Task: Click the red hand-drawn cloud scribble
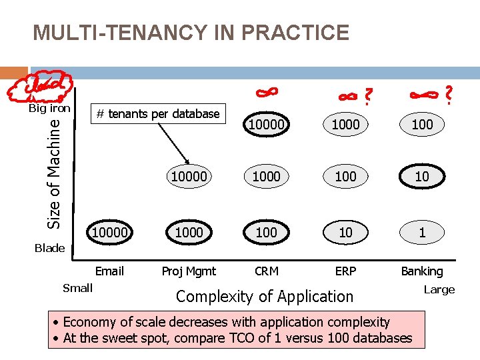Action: click(37, 85)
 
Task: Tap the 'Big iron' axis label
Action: click(49, 108)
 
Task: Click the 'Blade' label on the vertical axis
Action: click(49, 248)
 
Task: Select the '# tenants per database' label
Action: click(157, 114)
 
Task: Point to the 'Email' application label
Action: click(109, 271)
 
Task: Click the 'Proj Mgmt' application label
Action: click(189, 271)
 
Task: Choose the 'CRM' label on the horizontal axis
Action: click(267, 271)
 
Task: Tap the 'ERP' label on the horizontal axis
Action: click(345, 271)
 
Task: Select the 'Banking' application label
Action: click(421, 271)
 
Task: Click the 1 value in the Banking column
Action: click(421, 232)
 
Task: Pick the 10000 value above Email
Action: click(110, 232)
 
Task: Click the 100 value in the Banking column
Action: click(421, 124)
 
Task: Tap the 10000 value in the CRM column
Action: click(267, 124)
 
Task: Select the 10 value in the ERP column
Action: click(345, 232)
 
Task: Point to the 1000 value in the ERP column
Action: click(345, 124)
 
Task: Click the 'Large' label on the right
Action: click(439, 289)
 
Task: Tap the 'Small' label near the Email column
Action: click(77, 287)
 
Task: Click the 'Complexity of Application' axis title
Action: click(264, 297)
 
